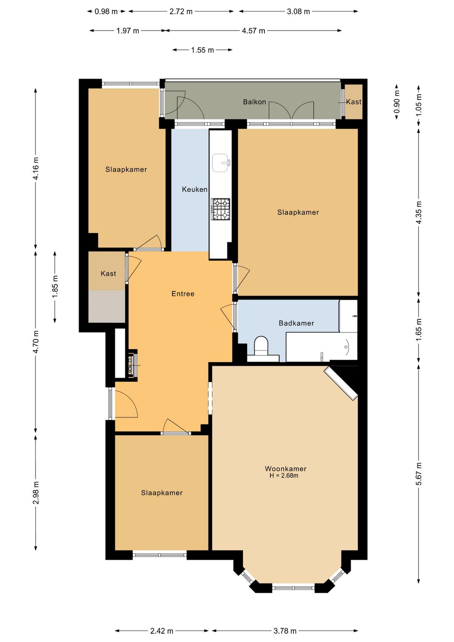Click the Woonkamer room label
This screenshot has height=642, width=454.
click(285, 469)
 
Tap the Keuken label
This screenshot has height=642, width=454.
click(195, 189)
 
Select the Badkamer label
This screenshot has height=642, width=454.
click(296, 323)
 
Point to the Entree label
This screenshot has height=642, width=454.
click(183, 294)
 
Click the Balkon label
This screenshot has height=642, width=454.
click(254, 102)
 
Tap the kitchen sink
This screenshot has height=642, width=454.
click(221, 163)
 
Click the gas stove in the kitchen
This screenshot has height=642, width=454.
click(221, 209)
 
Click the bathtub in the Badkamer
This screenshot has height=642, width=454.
click(322, 347)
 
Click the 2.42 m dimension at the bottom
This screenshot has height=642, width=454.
click(162, 631)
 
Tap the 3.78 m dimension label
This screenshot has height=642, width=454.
click(285, 631)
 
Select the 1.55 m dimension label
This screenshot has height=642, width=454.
click(203, 50)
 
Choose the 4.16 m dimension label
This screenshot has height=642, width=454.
click(36, 169)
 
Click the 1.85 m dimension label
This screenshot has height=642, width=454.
click(55, 286)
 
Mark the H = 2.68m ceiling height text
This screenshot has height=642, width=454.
click(284, 476)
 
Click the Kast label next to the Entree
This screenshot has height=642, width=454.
click(108, 273)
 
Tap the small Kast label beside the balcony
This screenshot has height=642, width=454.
click(354, 102)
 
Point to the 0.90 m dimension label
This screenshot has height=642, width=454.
click(397, 102)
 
